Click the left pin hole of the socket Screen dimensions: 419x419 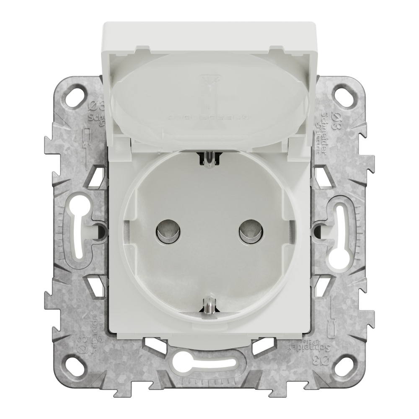pyautogui.click(x=168, y=231)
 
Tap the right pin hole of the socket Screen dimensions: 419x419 pyautogui.click(x=251, y=231)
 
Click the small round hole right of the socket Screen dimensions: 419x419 pyautogui.click(x=318, y=230)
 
